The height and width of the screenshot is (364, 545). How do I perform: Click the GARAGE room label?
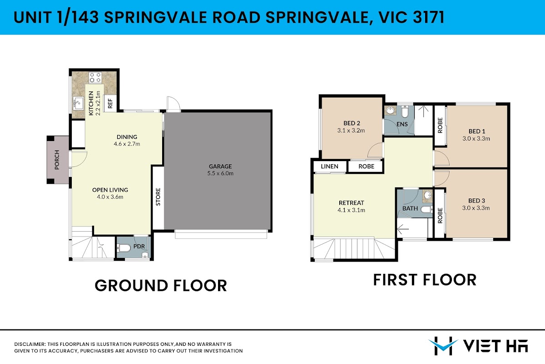pos(220,166)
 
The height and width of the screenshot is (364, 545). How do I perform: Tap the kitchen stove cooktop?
pos(95,77)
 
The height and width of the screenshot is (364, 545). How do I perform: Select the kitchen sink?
pos(78,104)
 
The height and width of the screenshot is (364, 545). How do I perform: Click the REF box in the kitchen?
pos(110,103)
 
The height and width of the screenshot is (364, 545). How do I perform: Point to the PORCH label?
pos(57,160)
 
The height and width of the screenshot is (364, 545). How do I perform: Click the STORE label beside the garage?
pos(158,197)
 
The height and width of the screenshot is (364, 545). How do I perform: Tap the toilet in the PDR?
pos(124,248)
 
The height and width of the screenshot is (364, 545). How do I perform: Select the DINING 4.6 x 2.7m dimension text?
pos(127,144)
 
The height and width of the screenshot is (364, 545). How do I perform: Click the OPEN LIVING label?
pos(110,190)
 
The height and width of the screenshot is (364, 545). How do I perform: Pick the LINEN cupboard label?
pos(329,166)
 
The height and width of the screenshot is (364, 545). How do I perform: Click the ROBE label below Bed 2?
pos(366,166)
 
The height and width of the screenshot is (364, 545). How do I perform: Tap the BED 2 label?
pos(352,123)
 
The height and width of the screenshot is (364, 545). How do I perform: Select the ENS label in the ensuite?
pos(402,124)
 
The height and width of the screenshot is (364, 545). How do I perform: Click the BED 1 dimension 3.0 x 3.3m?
pos(476,138)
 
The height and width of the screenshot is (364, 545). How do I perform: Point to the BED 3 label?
pos(476,201)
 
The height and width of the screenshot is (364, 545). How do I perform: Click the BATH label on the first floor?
pos(410,208)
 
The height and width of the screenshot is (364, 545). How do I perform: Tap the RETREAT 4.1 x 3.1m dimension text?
pos(352,210)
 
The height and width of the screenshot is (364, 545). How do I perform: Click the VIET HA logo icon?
pos(443,346)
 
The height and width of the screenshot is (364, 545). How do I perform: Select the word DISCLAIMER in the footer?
pos(30,344)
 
